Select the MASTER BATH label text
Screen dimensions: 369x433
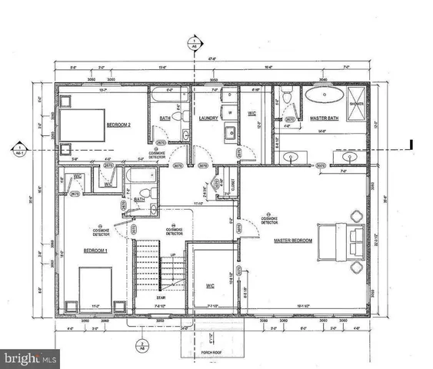(323, 118)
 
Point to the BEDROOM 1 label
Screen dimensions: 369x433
(95, 251)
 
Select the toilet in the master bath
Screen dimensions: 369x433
(286, 98)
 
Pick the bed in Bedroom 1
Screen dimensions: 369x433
(95, 287)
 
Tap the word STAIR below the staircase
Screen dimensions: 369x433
(161, 296)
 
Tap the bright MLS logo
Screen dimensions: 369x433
(29, 358)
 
